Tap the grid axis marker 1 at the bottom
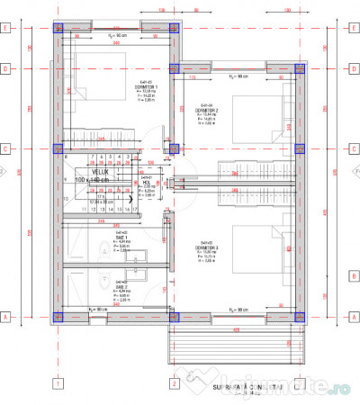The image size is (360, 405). pyautogui.click(x=57, y=383)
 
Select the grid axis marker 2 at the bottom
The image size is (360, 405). pyautogui.click(x=172, y=383)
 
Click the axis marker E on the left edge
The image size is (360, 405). pyautogui.click(x=7, y=27)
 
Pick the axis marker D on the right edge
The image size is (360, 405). pyautogui.click(x=353, y=67)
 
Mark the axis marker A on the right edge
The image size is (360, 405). pyautogui.click(x=353, y=317)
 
